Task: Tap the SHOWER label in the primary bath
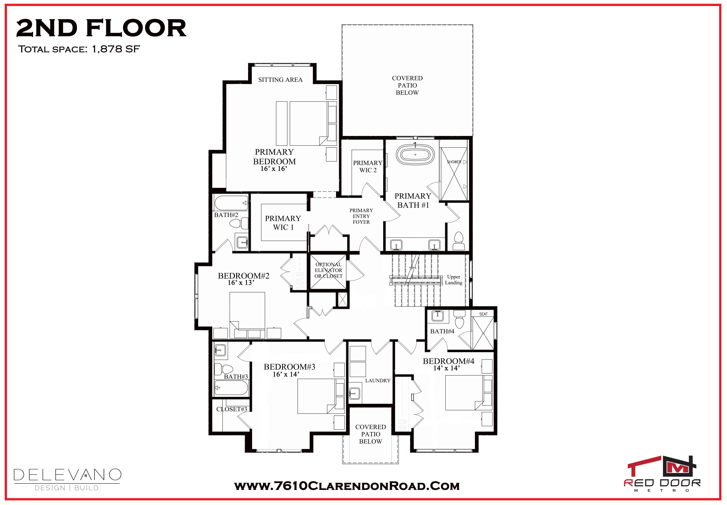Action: coord(454,162)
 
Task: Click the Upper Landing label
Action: coord(454,280)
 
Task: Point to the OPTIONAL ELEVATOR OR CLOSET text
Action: coord(328,270)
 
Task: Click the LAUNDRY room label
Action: coord(378,381)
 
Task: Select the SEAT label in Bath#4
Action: coord(483,314)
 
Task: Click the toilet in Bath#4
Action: coord(459,319)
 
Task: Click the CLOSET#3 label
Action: coord(232,409)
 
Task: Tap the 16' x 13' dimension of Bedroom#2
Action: coord(241,283)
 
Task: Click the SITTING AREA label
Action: coord(280,80)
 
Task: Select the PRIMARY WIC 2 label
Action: coord(368,166)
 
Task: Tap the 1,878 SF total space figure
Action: coord(116,49)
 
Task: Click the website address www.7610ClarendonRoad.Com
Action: coord(347,486)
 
